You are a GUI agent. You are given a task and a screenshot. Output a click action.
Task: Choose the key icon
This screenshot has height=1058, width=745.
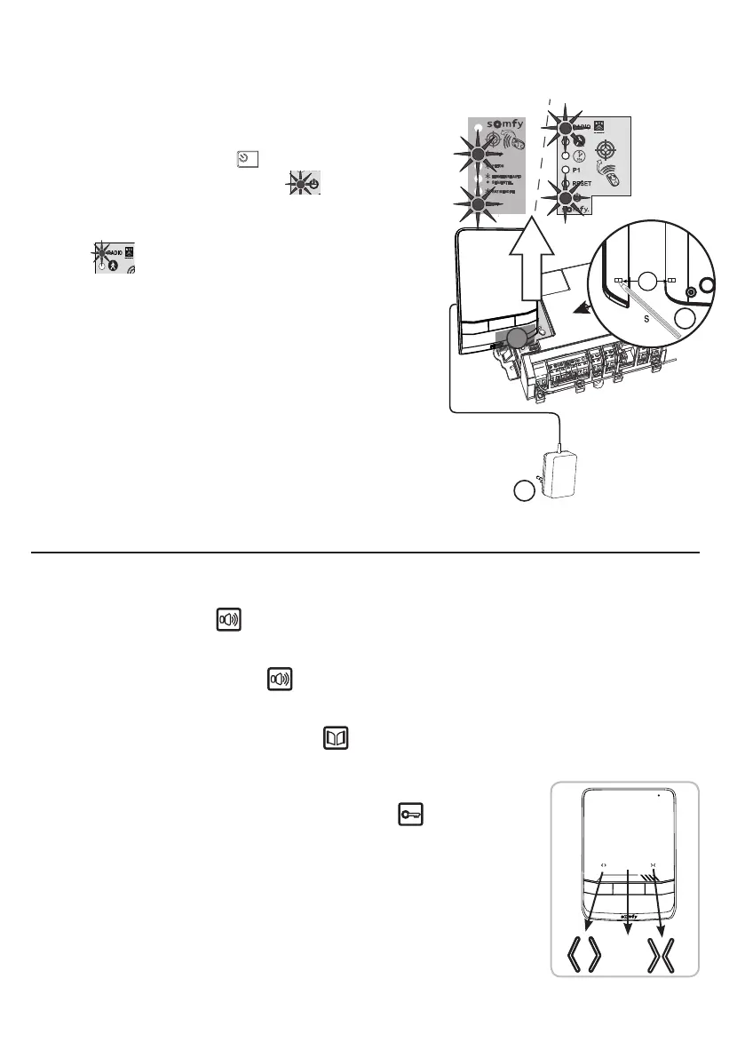[408, 814]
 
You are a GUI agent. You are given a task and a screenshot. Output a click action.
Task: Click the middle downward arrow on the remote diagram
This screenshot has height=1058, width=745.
[628, 897]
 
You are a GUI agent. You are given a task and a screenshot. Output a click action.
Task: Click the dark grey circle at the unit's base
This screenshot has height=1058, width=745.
[520, 338]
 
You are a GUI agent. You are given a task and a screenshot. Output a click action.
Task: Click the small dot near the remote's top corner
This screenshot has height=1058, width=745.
[659, 797]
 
